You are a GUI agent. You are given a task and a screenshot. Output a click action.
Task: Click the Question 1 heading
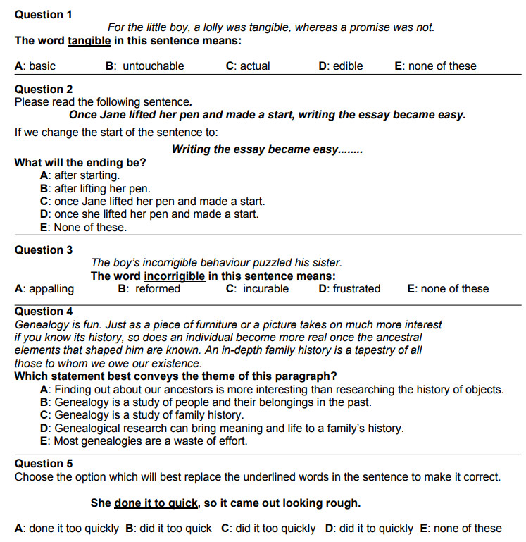[44, 14]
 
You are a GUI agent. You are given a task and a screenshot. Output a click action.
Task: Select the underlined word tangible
[89, 41]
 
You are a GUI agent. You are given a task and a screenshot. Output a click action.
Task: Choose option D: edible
[341, 66]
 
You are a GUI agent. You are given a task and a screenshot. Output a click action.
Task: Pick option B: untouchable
[145, 66]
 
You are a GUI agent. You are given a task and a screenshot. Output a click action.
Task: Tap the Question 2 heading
[44, 90]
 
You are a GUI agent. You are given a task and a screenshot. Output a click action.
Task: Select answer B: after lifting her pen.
[96, 189]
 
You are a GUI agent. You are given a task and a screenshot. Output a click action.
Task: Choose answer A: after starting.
[80, 175]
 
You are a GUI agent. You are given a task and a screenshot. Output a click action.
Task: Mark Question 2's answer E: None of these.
[84, 228]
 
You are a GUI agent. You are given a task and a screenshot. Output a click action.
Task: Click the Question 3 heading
[44, 250]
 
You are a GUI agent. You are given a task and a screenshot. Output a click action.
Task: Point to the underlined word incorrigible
[174, 276]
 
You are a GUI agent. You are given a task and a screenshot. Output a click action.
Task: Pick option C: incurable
[258, 289]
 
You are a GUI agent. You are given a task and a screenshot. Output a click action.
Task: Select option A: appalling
[44, 289]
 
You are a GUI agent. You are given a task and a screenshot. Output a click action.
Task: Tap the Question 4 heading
[44, 312]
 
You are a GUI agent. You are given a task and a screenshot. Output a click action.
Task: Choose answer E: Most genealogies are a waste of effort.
[144, 441]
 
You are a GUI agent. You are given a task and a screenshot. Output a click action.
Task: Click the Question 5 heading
[44, 464]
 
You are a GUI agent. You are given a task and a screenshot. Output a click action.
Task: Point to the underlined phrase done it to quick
[156, 503]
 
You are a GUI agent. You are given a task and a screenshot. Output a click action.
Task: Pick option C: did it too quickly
[268, 529]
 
